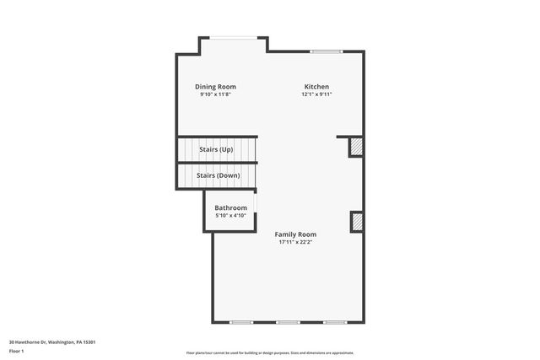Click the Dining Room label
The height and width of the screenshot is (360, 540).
215,87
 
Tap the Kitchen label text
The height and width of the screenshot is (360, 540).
316,87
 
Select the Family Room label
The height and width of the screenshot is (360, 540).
295,234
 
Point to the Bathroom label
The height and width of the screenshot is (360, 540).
230,207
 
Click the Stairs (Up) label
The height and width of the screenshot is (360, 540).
216,149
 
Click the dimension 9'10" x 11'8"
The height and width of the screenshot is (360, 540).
215,94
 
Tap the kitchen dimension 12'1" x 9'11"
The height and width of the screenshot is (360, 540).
316,94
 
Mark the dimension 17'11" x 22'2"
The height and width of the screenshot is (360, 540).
295,242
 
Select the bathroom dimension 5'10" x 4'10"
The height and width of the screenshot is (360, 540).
230,216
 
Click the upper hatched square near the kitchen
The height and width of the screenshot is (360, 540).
356,148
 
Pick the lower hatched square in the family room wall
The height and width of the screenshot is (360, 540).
356,221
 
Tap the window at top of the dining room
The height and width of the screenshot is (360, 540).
234,37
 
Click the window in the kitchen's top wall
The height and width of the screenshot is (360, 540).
324,52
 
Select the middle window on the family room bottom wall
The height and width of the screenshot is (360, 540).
288,322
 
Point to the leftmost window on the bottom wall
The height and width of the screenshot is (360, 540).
241,322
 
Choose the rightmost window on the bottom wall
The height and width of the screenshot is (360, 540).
334,322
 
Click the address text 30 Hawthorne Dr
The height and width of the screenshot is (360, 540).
51,341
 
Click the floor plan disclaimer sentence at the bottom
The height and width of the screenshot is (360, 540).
270,353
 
